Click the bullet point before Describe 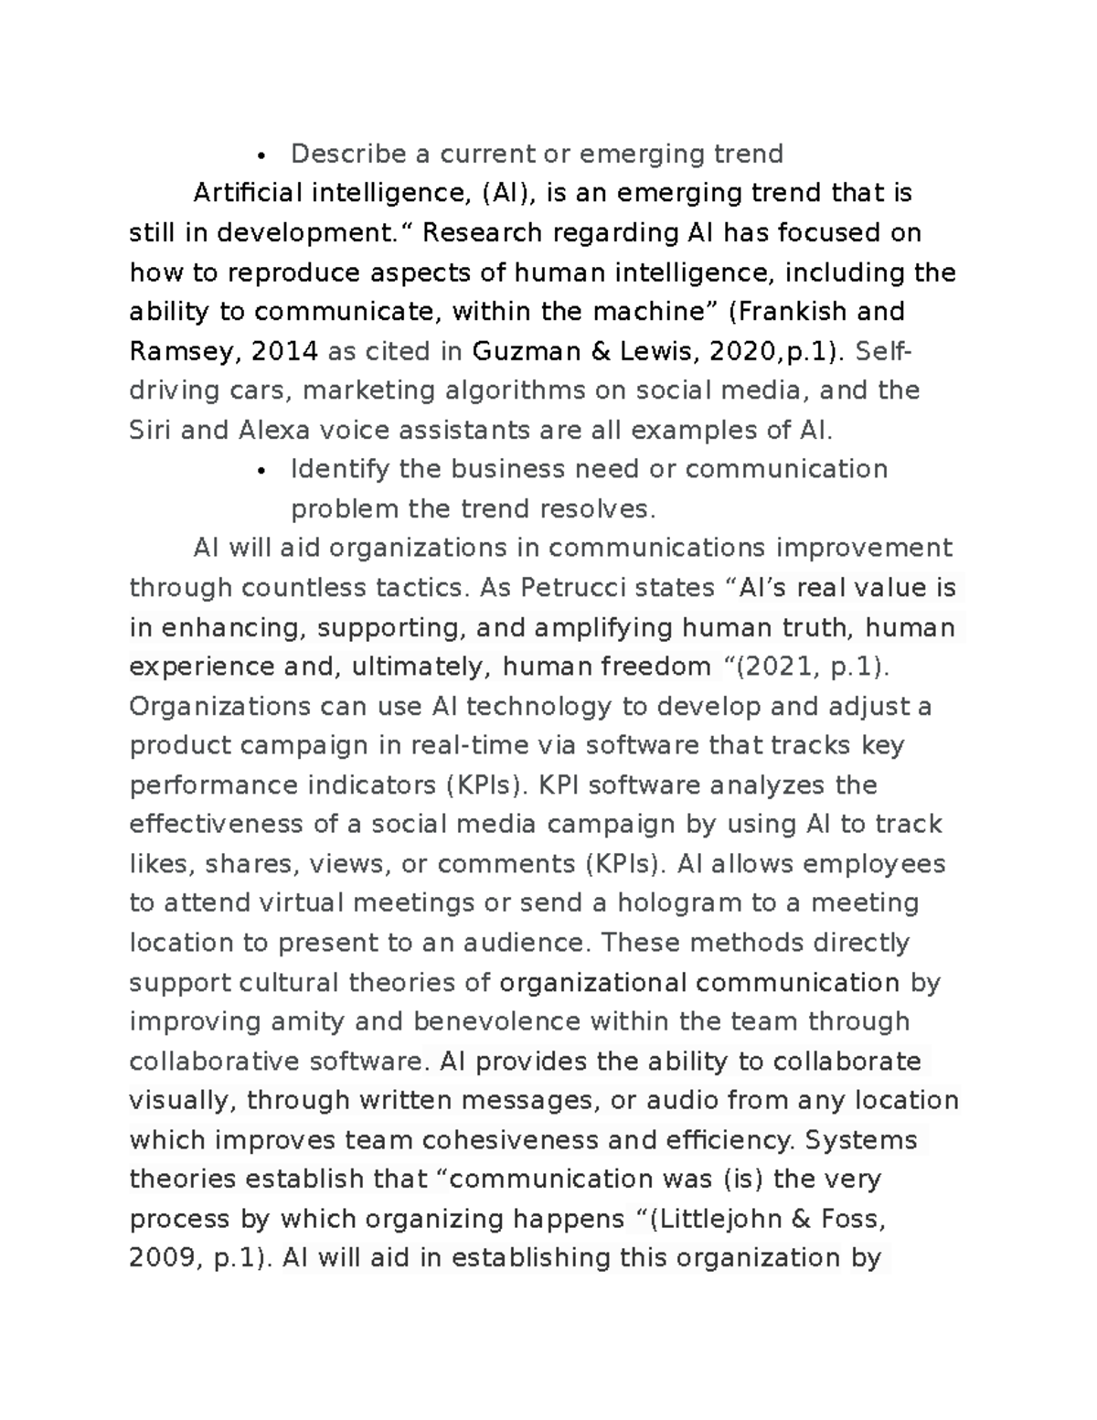pos(261,155)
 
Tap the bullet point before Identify pos(261,471)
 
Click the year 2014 pos(284,351)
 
